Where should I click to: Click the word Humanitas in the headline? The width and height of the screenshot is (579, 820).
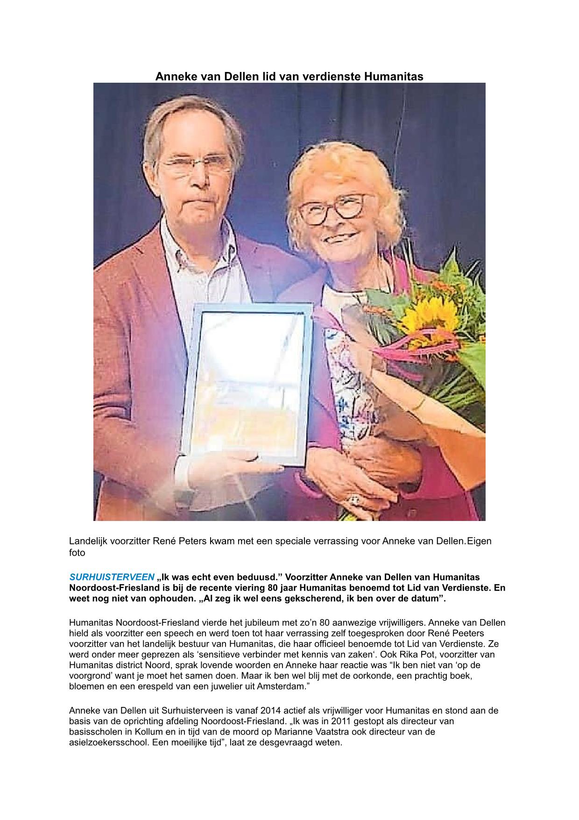[x=393, y=76]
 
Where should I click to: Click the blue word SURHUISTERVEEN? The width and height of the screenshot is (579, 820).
[x=112, y=578]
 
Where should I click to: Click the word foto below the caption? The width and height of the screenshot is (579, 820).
[x=77, y=553]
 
